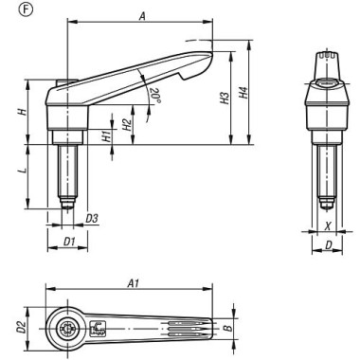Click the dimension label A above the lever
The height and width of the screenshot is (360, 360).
140,16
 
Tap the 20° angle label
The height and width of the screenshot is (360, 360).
154,95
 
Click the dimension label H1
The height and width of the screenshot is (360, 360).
107,135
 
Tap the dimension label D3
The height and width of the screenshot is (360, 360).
92,220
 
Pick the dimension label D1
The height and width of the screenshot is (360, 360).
68,243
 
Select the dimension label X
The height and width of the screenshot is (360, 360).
328,226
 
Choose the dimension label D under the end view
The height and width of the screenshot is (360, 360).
328,245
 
